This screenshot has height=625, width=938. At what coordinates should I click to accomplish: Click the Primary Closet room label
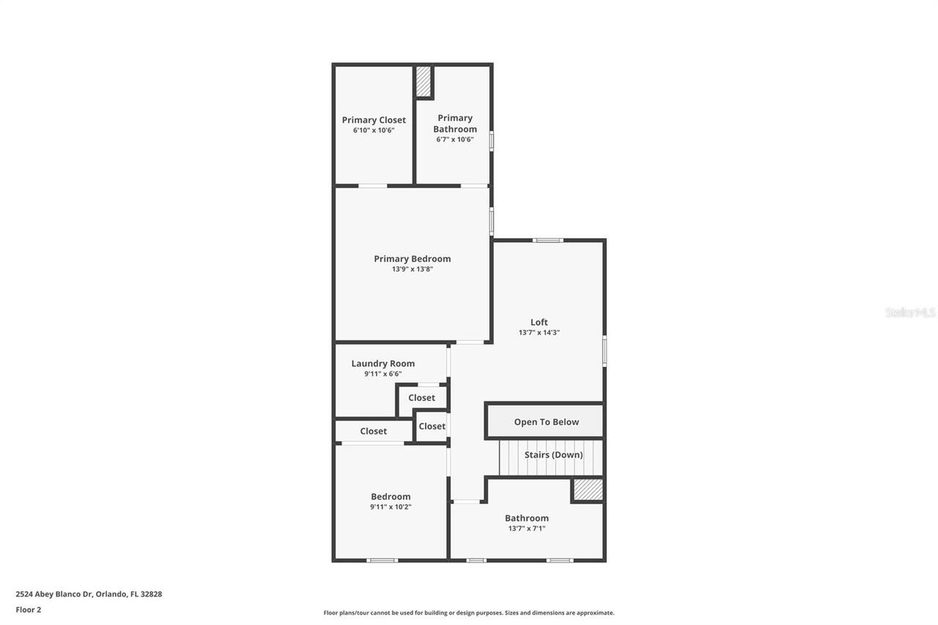click(x=374, y=120)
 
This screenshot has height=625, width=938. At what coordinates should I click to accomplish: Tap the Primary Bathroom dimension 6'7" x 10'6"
click(x=455, y=139)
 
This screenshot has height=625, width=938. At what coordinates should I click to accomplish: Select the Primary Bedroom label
click(x=412, y=259)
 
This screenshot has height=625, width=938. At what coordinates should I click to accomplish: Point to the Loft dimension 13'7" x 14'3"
click(x=539, y=333)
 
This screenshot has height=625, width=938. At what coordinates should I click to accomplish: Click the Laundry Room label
click(x=383, y=363)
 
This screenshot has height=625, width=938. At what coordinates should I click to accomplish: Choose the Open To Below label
click(x=546, y=422)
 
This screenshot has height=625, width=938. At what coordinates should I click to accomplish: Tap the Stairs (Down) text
click(x=553, y=455)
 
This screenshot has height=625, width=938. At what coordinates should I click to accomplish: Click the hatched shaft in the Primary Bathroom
click(x=424, y=82)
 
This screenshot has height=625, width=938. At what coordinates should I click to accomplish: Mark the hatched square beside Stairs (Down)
click(x=588, y=489)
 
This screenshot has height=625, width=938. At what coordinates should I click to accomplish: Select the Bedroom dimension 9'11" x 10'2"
click(x=391, y=507)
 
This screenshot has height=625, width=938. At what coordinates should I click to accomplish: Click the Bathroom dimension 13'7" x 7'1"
click(x=526, y=528)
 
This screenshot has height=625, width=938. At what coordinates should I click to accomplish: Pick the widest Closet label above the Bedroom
click(x=373, y=432)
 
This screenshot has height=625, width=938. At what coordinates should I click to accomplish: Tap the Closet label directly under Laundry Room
click(x=421, y=398)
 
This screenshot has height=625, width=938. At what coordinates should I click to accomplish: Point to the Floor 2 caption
click(x=29, y=610)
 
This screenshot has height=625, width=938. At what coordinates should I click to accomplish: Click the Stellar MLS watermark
click(x=910, y=313)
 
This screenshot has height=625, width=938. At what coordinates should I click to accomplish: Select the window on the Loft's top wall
click(x=547, y=240)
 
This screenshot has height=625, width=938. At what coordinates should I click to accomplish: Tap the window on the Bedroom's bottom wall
click(x=382, y=561)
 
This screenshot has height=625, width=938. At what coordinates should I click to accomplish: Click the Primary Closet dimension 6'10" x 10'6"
click(x=374, y=130)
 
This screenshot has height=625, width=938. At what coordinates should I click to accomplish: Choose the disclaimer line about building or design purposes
click(x=469, y=613)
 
